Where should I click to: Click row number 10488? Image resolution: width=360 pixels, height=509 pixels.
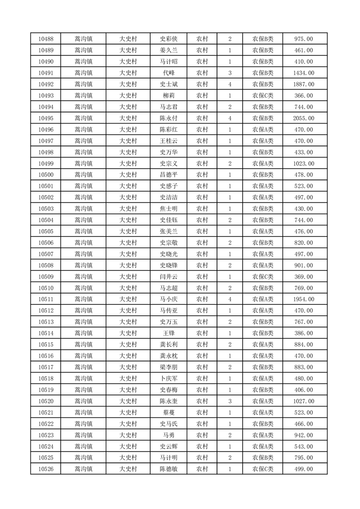[46, 39]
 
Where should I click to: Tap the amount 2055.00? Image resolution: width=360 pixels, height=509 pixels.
[304, 118]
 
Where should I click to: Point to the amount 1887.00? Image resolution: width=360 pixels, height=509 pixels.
[304, 84]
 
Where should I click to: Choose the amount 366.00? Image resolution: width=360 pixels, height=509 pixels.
[304, 96]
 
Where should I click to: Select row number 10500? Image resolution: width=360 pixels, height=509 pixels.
[46, 175]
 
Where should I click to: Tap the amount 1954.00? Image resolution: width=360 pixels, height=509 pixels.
[304, 299]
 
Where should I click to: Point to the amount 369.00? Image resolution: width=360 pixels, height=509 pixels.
[304, 277]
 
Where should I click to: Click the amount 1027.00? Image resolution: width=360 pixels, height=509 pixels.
[304, 401]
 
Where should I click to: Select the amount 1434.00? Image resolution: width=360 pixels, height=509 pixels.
[304, 73]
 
